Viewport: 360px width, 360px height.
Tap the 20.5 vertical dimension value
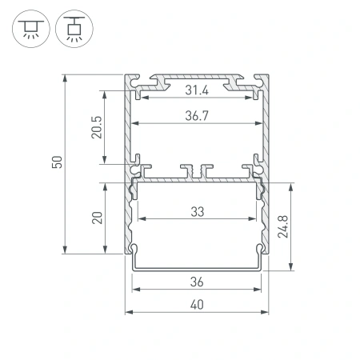(96, 126)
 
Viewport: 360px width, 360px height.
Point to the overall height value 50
(56, 163)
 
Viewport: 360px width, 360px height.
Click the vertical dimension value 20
(96, 218)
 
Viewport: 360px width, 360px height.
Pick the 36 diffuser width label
(197, 282)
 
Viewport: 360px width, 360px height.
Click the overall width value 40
(197, 304)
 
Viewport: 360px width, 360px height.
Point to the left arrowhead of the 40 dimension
(127, 312)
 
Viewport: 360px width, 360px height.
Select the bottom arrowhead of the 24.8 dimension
(290, 268)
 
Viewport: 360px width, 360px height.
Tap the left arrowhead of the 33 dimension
(142, 219)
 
